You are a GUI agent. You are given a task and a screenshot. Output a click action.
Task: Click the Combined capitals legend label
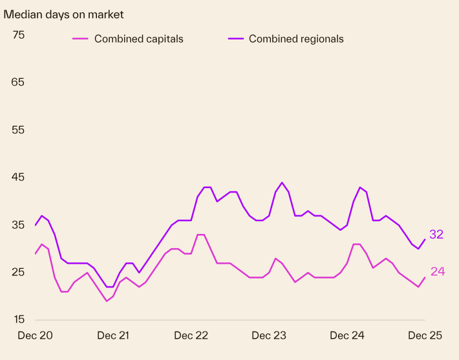pos(138,39)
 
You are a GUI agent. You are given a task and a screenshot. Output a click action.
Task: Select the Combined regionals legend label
pos(296,39)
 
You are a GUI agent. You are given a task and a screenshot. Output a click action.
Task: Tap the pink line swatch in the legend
pos(80,39)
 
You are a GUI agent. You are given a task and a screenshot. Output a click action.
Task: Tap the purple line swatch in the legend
pos(237,39)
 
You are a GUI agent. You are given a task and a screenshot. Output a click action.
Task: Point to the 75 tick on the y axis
pos(18,35)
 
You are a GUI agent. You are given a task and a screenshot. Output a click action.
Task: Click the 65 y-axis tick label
pos(18,82)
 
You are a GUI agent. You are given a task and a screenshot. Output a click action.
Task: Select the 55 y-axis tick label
pos(18,130)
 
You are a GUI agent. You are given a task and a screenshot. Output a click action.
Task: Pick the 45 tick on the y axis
pos(18,177)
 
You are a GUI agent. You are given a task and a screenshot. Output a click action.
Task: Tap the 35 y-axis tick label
pos(18,225)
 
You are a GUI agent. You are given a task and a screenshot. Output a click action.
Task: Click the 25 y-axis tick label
pos(18,272)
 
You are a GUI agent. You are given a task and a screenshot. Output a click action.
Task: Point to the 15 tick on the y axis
pos(18,320)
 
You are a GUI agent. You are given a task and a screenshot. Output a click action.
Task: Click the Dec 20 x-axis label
pos(35,335)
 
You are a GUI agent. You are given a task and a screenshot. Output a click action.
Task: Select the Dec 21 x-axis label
pos(114,335)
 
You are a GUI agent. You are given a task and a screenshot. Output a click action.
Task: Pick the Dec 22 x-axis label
pos(191,335)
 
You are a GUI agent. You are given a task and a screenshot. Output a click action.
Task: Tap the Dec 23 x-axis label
pos(269,335)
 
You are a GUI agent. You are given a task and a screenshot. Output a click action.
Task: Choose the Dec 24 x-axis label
pos(347,335)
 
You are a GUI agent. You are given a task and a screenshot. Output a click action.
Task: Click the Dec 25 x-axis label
pos(425,335)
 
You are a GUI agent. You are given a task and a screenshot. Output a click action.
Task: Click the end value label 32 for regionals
pos(436,235)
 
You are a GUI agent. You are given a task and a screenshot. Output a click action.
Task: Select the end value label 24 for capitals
pos(438,271)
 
